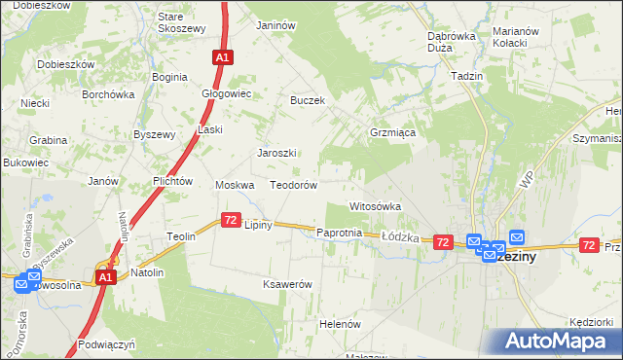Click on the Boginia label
pos(169,77)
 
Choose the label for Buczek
pos(307,100)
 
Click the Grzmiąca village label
pos(393,131)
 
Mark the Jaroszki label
pos(275,153)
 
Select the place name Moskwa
pos(235,185)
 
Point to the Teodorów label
pos(294,185)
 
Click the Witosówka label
pos(376,206)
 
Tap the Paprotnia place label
pos(340,234)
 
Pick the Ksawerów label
pos(286,284)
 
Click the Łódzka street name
pos(399,236)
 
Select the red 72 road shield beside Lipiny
pos(231,221)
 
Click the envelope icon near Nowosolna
pos(22,283)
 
